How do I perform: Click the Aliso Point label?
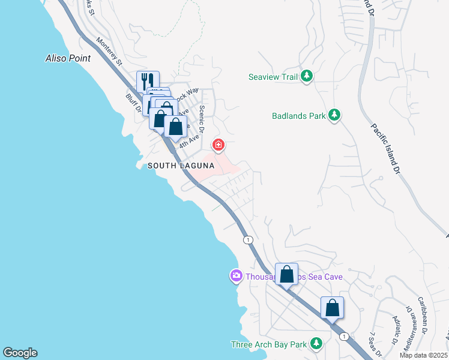coord(68,58)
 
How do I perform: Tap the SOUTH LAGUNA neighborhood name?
coord(181,165)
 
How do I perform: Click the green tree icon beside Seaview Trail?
coord(307,76)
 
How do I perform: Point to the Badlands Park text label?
coord(298,115)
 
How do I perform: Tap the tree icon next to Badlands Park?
coord(334,115)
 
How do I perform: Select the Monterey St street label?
coord(109,52)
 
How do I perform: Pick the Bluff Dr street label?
coord(133,103)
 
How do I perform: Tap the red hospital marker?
coord(218,145)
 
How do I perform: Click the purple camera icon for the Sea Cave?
coord(236,276)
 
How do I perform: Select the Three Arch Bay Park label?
coord(269,344)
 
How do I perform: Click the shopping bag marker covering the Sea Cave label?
coord(287,274)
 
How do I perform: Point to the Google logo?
coord(20,353)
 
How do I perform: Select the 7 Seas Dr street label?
coord(374,342)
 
